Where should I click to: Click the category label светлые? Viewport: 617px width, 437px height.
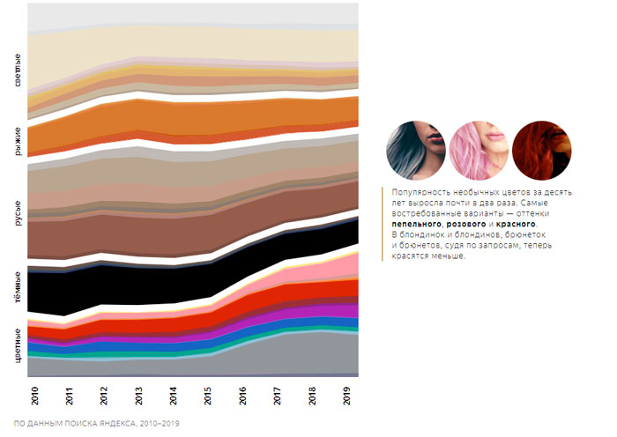coord(19,70)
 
